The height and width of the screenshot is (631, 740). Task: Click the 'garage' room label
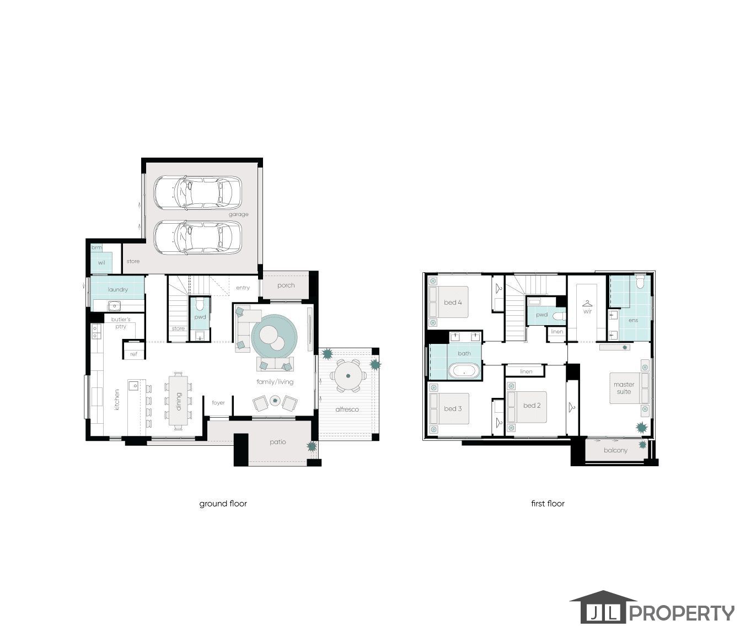pos(239,214)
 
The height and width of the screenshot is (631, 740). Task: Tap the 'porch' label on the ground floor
pos(286,285)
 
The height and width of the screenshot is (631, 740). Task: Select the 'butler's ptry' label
pos(121,323)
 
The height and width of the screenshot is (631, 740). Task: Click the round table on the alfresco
pos(348,376)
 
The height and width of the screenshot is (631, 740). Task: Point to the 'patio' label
pos(277,442)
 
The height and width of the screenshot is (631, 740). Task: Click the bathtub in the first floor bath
pos(464,370)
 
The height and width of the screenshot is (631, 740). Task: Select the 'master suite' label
pos(624,388)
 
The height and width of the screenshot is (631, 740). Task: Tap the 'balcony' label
pos(615,450)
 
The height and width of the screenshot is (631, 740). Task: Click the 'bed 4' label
pos(453,302)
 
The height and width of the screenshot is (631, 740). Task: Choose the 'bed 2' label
pos(532,406)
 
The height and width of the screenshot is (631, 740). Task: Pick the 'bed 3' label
pos(453,408)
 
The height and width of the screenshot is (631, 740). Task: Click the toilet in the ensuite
pos(640,283)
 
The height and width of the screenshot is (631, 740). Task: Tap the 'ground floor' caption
pos(223,503)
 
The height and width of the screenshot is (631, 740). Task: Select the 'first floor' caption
pos(548,503)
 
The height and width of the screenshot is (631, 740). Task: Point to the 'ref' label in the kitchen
pos(133,354)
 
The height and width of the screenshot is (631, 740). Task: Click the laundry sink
pos(115,306)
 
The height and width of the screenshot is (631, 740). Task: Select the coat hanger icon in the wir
pos(587,303)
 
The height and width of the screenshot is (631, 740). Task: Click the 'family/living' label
pos(275,382)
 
